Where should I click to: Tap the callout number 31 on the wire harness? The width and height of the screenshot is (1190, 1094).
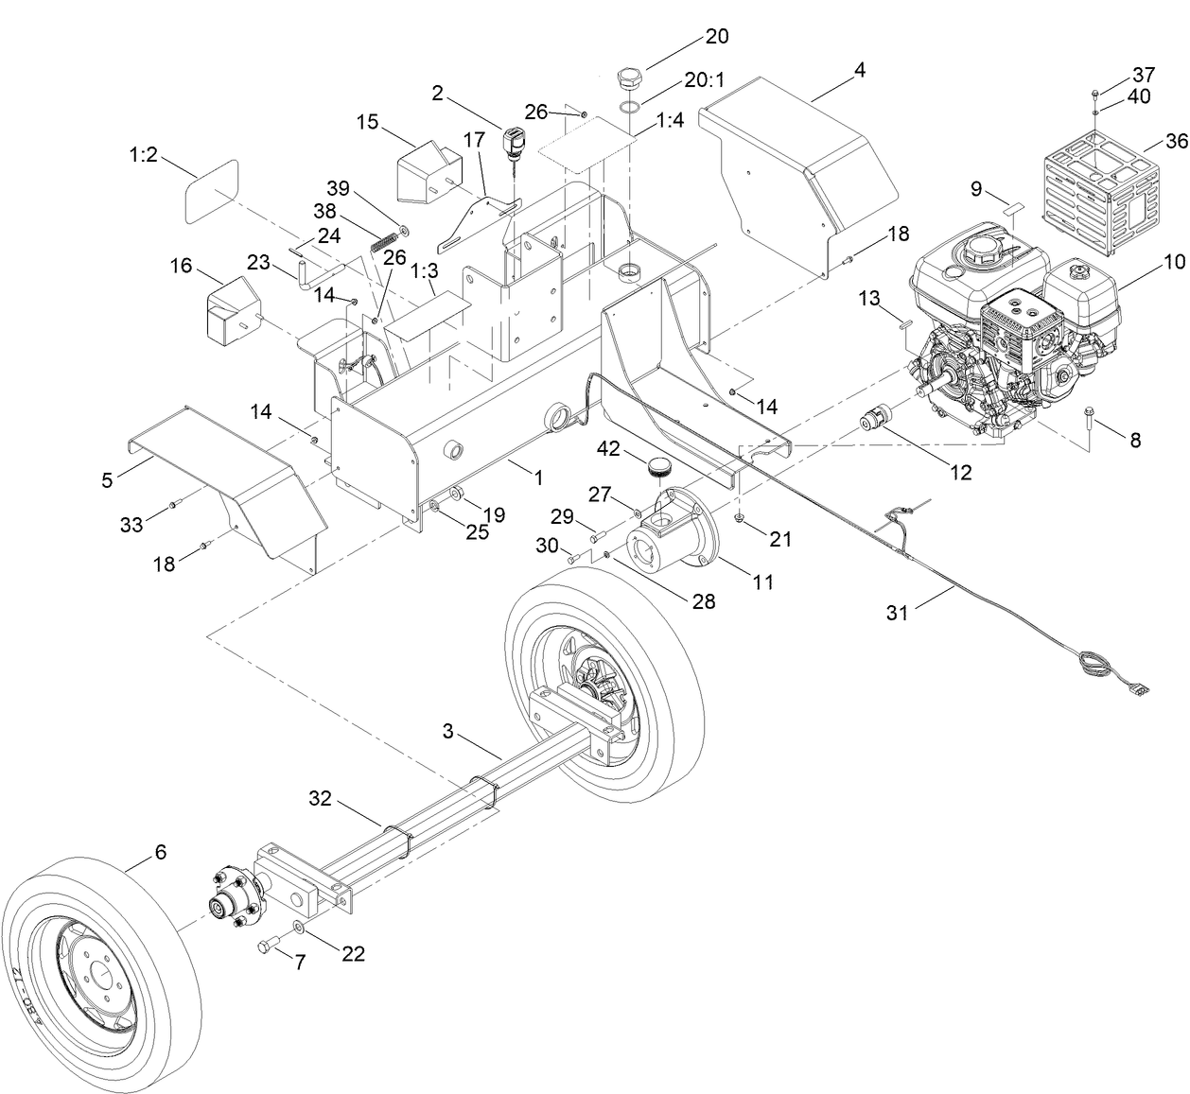(x=897, y=613)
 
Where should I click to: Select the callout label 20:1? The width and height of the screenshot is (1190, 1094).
(x=704, y=81)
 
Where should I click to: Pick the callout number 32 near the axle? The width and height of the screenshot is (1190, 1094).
(x=321, y=799)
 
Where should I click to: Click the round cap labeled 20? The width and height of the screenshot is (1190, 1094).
(x=629, y=77)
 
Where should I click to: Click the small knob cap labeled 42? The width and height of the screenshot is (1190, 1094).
(x=657, y=465)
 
